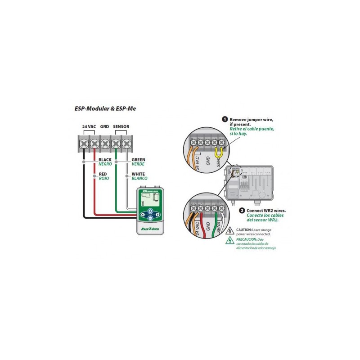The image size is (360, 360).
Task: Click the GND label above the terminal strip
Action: [105, 127]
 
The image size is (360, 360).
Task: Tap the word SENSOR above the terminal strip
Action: [121, 127]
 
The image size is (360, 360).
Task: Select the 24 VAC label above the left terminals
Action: [89, 127]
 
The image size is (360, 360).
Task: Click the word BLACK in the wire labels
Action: [105, 160]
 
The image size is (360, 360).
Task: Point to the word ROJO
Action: [103, 179]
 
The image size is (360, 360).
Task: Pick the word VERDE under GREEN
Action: [138, 164]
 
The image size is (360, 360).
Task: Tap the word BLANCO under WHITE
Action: [139, 179]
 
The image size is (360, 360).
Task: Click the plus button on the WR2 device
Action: [150, 211]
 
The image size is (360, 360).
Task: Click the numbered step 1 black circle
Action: [225, 119]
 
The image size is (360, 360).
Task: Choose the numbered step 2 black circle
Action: [242, 210]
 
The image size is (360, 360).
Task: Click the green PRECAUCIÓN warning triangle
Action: [229, 241]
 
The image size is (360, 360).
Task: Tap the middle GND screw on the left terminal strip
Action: [105, 144]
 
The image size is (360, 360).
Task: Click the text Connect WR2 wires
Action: [266, 210]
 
